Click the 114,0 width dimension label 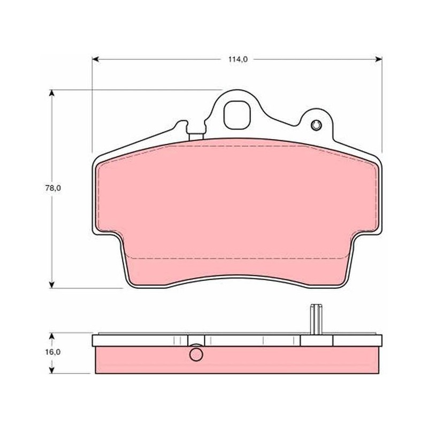(238, 59)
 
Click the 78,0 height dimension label (53, 188)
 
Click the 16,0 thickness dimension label (52, 352)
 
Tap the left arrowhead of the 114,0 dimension (95, 59)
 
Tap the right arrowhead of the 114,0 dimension (379, 59)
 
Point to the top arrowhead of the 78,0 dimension (51, 93)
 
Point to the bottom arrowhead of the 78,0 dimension (51, 285)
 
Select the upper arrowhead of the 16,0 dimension (51, 336)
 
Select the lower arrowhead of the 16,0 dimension (51, 370)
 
